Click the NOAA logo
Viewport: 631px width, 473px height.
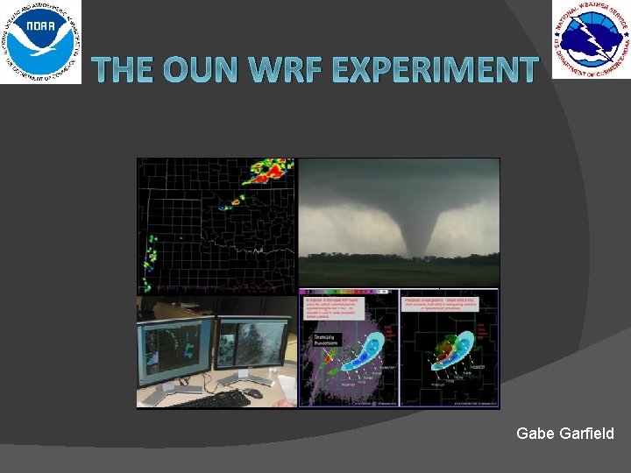point(40,41)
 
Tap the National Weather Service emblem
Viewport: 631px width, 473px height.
point(590,39)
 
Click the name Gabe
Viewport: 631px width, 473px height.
point(536,433)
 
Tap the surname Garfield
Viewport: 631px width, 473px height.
point(586,433)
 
